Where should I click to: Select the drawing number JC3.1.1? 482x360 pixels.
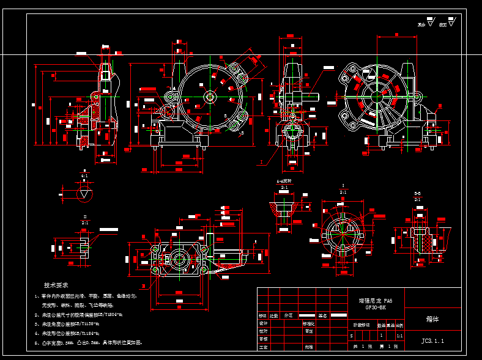tap(432, 340)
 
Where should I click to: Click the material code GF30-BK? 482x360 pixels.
tap(376, 307)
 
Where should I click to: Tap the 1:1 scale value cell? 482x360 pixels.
tap(399, 336)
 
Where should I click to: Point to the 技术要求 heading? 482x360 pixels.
tap(56, 285)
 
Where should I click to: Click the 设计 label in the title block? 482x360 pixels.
tap(263, 323)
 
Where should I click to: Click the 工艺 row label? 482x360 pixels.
tap(263, 347)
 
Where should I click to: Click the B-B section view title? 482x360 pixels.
tap(417, 193)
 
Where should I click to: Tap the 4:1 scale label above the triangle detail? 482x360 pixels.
tap(84, 175)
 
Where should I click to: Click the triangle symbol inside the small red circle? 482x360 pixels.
tap(84, 194)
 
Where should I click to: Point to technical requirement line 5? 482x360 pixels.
tap(89, 343)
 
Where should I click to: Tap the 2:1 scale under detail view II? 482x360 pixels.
tap(85, 223)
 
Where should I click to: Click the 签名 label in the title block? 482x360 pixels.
tap(324, 315)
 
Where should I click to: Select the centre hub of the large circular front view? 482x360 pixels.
tap(210, 96)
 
